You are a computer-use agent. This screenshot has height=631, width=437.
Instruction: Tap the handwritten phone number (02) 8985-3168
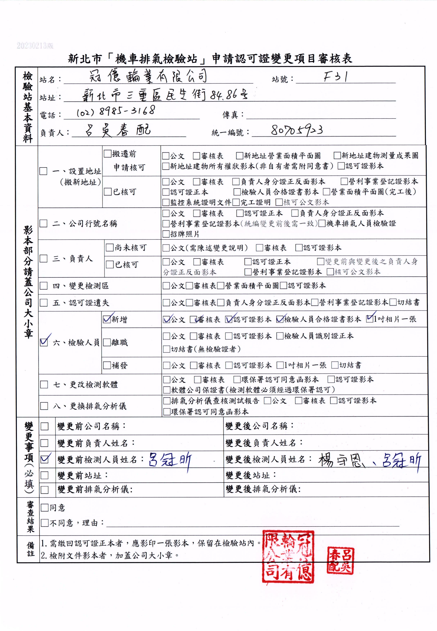coord(116,111)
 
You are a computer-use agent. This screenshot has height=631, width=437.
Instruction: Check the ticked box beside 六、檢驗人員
coord(44,342)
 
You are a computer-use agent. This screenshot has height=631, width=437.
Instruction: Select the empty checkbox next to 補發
coord(107,365)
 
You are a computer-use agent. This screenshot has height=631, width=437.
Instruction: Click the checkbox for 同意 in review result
coord(44,508)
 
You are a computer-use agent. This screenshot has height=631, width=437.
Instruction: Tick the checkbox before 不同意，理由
coord(44,523)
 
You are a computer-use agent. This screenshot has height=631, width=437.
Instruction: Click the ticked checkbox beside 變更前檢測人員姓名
coord(44,459)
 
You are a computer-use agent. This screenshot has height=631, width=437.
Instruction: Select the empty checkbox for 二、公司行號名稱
coord(44,223)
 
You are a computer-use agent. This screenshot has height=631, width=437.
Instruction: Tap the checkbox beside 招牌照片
coord(166,234)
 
